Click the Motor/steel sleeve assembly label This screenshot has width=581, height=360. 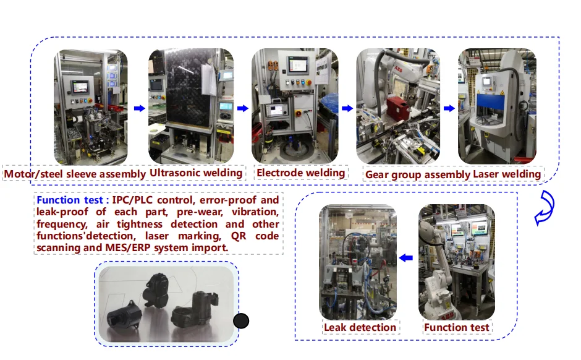pyautogui.click(x=75, y=174)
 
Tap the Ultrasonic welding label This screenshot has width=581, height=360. pyautogui.click(x=197, y=173)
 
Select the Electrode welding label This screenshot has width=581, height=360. pyautogui.click(x=300, y=173)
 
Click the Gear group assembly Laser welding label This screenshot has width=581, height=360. pyautogui.click(x=452, y=174)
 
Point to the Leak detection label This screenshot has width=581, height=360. pyautogui.click(x=360, y=327)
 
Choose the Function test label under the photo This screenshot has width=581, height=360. pyautogui.click(x=456, y=327)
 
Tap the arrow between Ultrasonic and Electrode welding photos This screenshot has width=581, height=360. pyautogui.click(x=242, y=108)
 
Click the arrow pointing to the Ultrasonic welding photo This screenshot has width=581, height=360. pyautogui.click(x=139, y=108)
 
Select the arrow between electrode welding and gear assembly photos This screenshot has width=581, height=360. pyautogui.click(x=347, y=108)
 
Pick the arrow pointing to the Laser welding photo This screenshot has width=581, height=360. pyautogui.click(x=449, y=108)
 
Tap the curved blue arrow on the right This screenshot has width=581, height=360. pyautogui.click(x=544, y=208)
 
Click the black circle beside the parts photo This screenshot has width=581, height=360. pyautogui.click(x=240, y=321)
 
